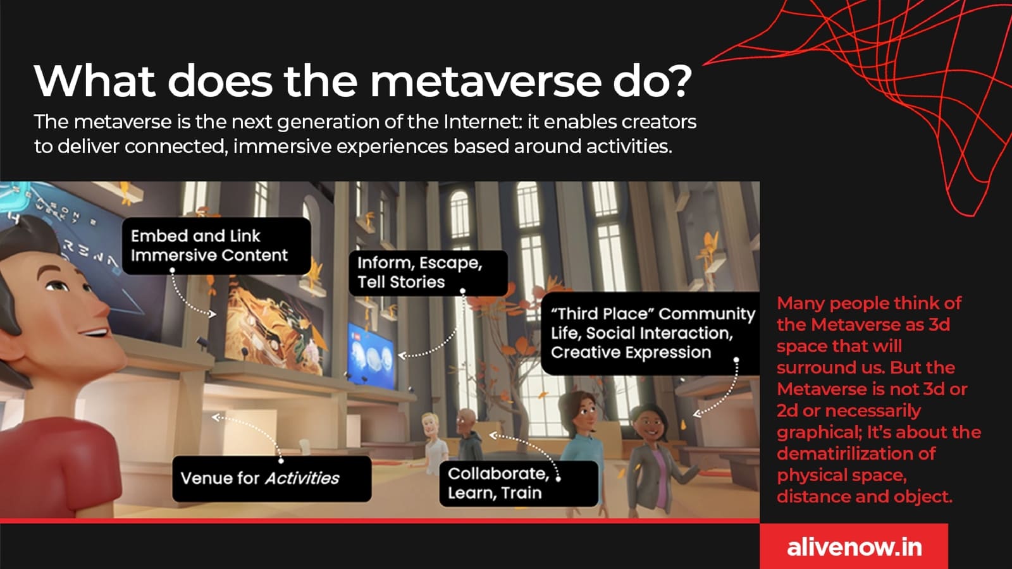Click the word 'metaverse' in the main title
coord(486,82)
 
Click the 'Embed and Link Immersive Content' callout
coord(216,246)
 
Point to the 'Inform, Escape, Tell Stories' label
coord(428,272)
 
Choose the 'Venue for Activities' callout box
coord(272,479)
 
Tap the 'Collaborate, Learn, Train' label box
coord(519,484)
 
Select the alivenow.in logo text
coord(854,548)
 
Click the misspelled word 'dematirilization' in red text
coord(856,454)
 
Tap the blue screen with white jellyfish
coord(371,355)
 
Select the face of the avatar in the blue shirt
coord(584,413)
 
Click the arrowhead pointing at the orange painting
coord(213,314)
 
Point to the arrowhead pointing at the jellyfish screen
coord(402,355)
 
